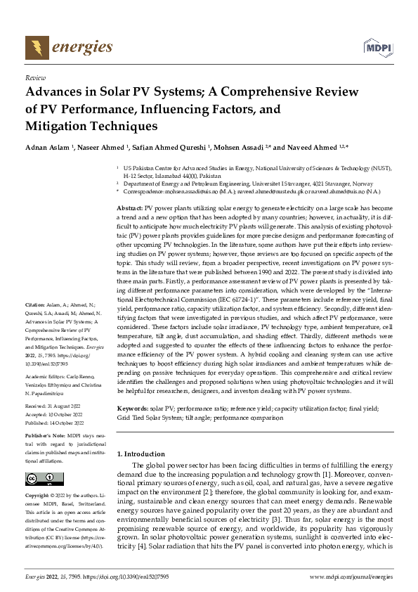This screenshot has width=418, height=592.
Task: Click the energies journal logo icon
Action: [34, 47]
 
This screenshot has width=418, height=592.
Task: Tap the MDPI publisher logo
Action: [377, 48]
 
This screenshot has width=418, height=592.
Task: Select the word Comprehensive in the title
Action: [247, 92]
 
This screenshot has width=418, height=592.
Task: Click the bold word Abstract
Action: [129, 210]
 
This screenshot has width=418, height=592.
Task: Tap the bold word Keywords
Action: [132, 408]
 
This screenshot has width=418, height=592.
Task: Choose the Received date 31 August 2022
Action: [55, 406]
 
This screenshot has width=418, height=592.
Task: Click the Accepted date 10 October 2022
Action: [56, 413]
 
